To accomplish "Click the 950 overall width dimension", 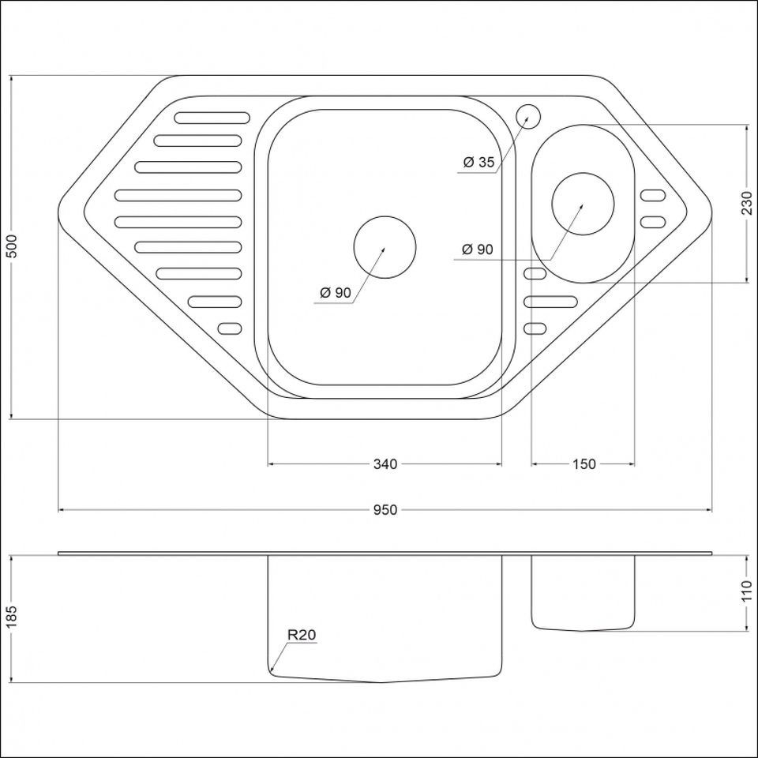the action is point(385,510).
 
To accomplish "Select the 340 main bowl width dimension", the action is point(385,464).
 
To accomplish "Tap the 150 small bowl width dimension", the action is point(584,464).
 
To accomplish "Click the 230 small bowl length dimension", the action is point(747,203).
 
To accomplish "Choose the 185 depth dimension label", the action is point(11,617).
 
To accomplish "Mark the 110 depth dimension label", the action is point(747,591).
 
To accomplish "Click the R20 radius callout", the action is point(301,635).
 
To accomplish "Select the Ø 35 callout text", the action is point(478,162).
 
